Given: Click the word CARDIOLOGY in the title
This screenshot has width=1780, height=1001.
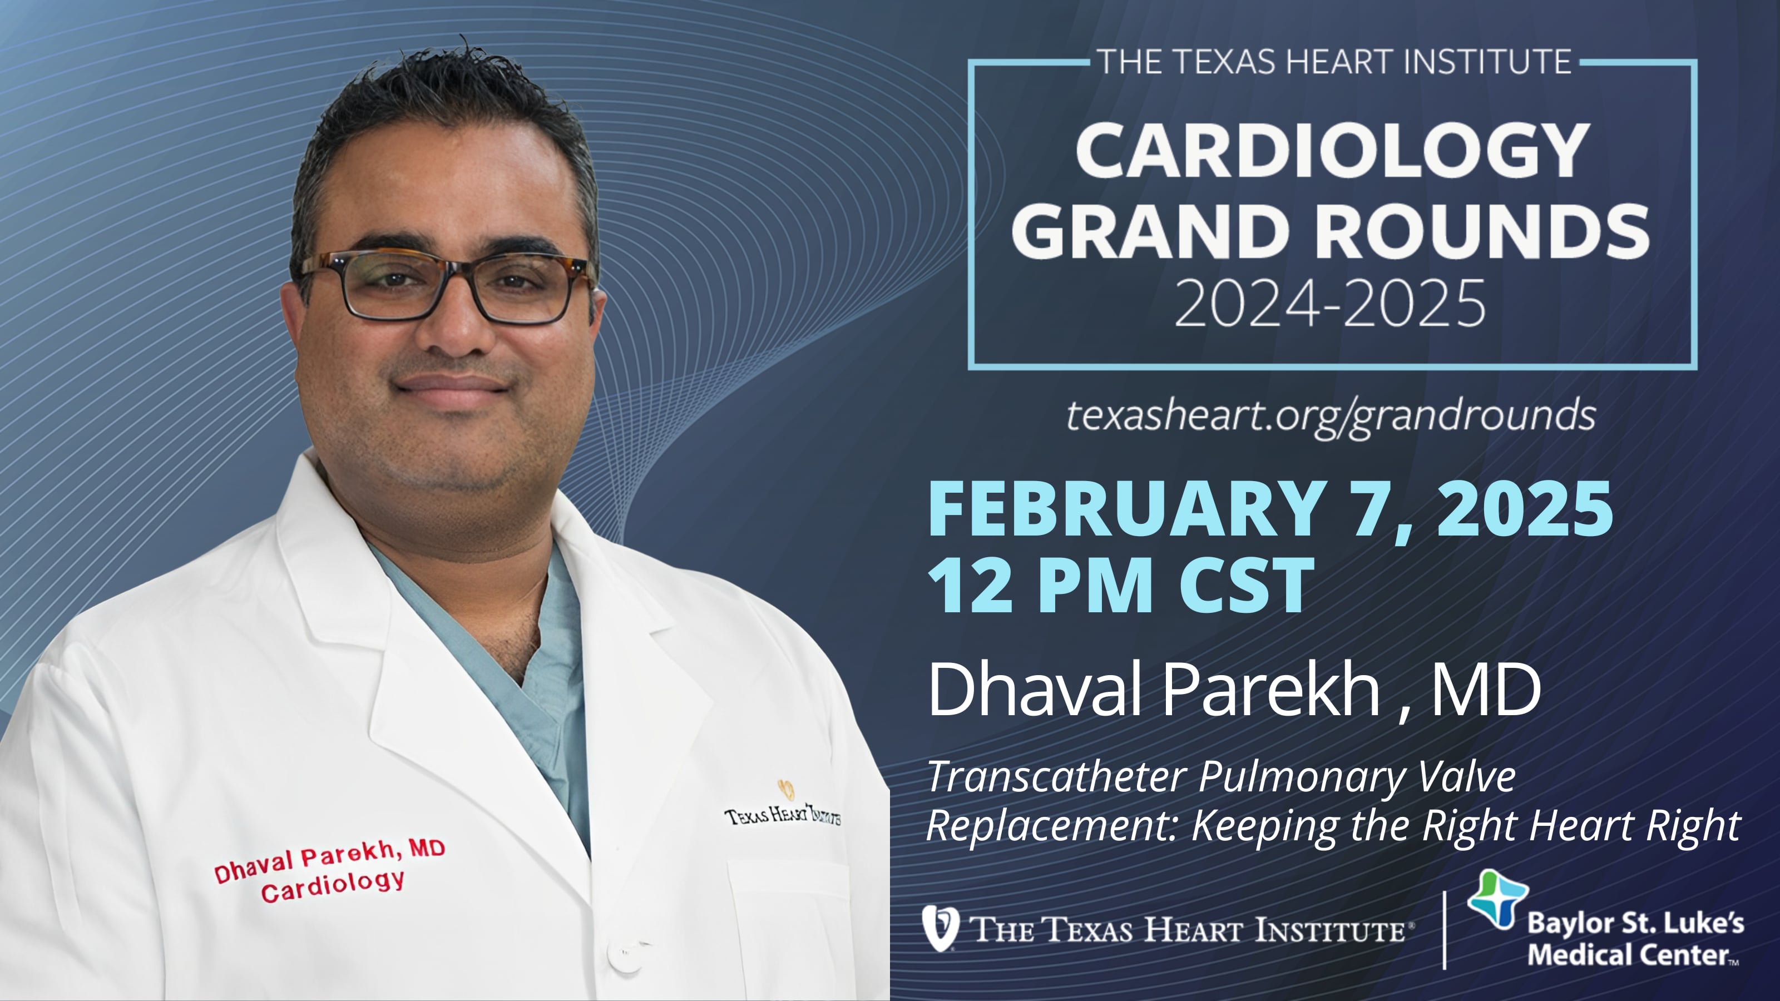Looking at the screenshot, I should pyautogui.click(x=1332, y=151).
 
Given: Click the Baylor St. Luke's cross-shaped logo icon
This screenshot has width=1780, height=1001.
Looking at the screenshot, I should pyautogui.click(x=1497, y=899).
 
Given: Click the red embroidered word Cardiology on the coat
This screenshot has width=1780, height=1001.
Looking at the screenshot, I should pyautogui.click(x=333, y=886).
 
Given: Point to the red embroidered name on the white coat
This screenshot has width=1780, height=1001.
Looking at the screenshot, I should pyautogui.click(x=329, y=861).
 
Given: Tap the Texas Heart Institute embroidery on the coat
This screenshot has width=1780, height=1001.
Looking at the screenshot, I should pyautogui.click(x=782, y=814).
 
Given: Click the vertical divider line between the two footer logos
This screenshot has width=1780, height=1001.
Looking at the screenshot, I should pyautogui.click(x=1444, y=930).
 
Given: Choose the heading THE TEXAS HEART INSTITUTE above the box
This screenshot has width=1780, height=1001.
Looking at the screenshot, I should pyautogui.click(x=1334, y=62).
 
